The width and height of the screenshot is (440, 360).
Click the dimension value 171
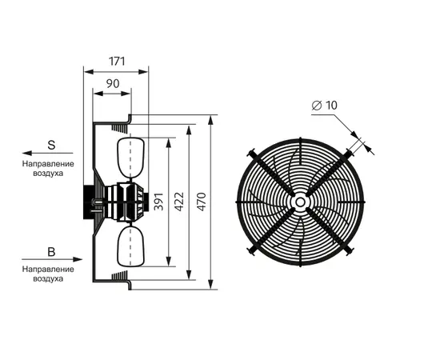tap(117, 61)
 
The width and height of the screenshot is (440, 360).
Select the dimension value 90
tap(113, 84)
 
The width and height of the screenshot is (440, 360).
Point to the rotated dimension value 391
tap(159, 202)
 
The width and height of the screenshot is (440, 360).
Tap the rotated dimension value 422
tap(179, 202)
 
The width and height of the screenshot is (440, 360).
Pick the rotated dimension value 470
tap(202, 202)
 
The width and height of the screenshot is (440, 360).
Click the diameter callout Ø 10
tap(324, 106)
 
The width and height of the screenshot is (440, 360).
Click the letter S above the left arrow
tap(51, 145)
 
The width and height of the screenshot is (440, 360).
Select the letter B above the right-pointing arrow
tap(51, 252)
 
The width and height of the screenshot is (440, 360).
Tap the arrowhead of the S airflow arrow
tap(27, 154)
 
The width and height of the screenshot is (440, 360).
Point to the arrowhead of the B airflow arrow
tap(78, 259)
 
